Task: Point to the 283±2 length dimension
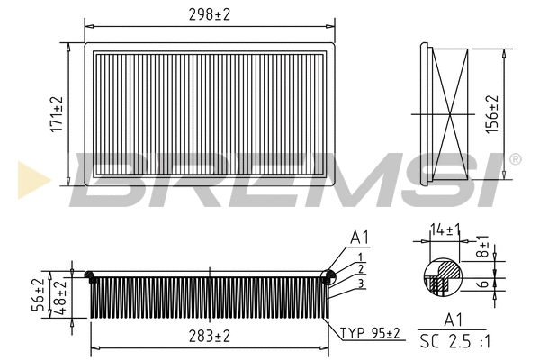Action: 209,336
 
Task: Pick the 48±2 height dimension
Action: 60,294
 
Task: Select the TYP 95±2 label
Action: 370,333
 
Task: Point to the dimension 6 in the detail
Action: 483,283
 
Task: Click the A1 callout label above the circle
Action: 360,238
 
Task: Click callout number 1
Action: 359,256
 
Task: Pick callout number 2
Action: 359,269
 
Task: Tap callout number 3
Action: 359,283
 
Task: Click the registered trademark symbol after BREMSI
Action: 514,159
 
